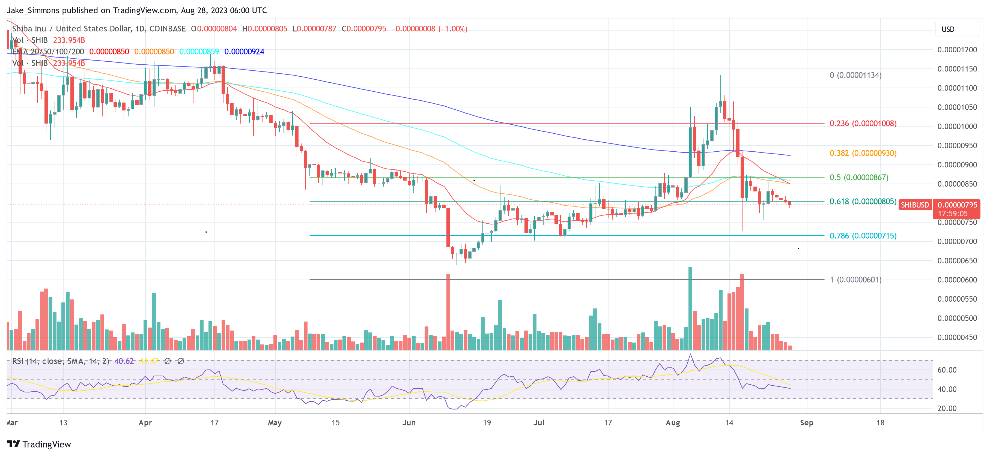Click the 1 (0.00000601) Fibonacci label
tap(855, 280)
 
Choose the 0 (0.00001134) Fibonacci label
tap(855, 75)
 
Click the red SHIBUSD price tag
tap(914, 205)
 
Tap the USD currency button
tap(948, 29)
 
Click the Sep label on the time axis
tap(806, 422)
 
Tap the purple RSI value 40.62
tap(124, 361)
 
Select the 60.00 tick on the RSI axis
tap(947, 370)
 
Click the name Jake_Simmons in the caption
tap(33, 10)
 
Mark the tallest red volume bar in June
tap(448, 311)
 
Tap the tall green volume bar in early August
tap(690, 308)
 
